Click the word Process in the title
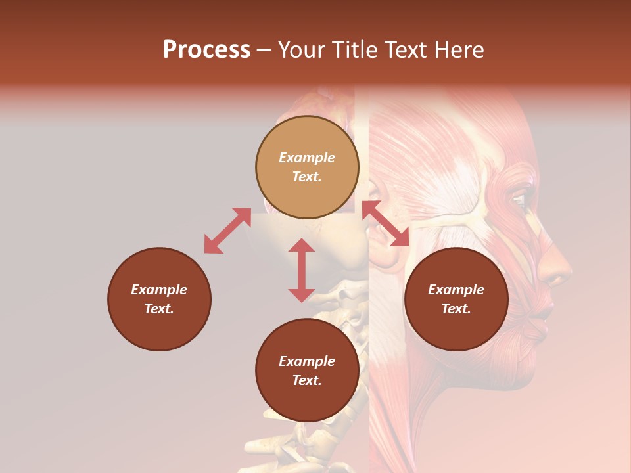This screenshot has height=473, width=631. pos(206,50)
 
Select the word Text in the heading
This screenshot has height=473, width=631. pos(403,50)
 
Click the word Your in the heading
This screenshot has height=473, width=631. pos(301,50)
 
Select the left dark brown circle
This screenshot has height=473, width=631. pos(159,299)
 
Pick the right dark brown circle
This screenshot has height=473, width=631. pos(456,299)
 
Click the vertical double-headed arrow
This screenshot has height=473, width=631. pos(302,270)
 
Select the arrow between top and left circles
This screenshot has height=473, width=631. pos(227,231)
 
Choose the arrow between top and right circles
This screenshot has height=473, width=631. pos(385,223)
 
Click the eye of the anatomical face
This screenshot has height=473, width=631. pos(519,200)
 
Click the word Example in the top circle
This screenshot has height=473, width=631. pos(307,158)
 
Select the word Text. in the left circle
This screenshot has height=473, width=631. pos(159,309)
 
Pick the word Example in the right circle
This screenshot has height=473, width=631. pos(456,290)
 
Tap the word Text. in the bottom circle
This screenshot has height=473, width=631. pos(307,380)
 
